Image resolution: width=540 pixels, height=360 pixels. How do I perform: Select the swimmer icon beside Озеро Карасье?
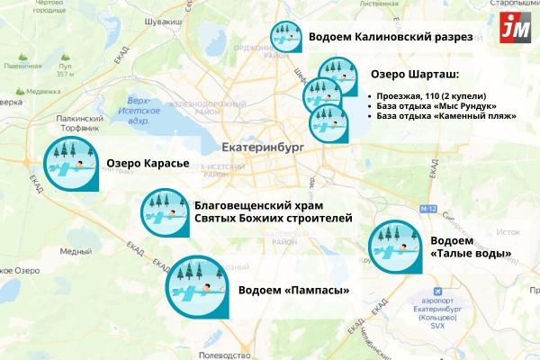pos(70,166)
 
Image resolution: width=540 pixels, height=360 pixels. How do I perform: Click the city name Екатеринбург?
pos(262,145)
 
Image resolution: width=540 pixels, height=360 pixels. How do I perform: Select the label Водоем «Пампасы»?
pos(293,290)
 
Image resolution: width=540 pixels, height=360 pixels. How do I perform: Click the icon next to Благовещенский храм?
pos(164,213)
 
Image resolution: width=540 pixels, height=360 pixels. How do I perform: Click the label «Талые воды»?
pos(472,254)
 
